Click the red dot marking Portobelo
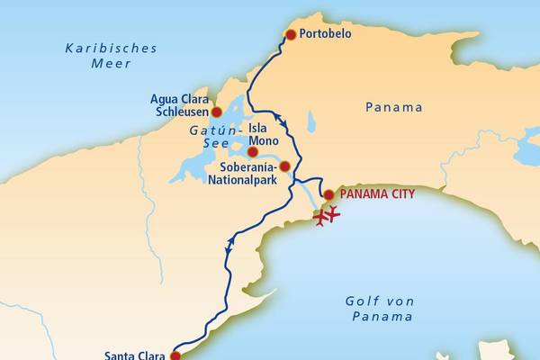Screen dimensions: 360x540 [x=290, y=34]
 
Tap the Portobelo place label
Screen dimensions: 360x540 [x=327, y=34]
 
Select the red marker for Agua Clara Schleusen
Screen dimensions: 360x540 [x=216, y=112]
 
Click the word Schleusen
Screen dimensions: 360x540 [x=182, y=112]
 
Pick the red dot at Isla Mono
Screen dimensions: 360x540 [x=253, y=152]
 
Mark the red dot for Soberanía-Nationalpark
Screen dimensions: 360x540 [x=284, y=166]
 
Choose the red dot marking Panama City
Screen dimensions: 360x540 [x=328, y=194]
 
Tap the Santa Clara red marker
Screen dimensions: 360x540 [x=175, y=355]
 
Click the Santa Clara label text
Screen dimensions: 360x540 [x=134, y=355]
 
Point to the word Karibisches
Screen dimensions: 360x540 [x=111, y=48]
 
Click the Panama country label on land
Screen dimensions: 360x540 [x=393, y=107]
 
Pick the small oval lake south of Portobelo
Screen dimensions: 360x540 [x=310, y=121]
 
